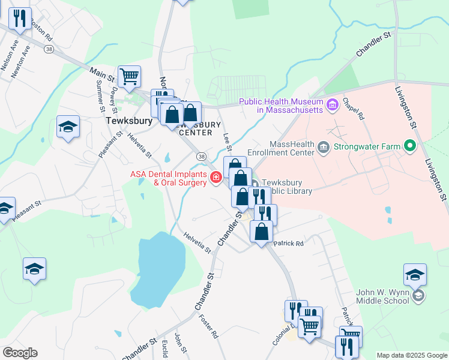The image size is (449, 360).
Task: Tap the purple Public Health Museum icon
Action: (333, 106)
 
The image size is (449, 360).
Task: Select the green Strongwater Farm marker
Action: (411, 145)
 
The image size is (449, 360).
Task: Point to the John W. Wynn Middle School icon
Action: (419, 296)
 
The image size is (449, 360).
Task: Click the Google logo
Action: (20, 352)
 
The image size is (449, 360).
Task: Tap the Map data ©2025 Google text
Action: (412, 355)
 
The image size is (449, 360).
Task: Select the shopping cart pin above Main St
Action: (129, 77)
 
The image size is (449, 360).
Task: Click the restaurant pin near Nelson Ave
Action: (20, 19)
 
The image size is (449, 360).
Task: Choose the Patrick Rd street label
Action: (289, 244)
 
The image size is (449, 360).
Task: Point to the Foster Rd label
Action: (208, 326)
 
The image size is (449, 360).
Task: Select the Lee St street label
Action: (227, 142)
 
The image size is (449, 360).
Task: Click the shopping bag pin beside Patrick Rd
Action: (261, 232)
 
